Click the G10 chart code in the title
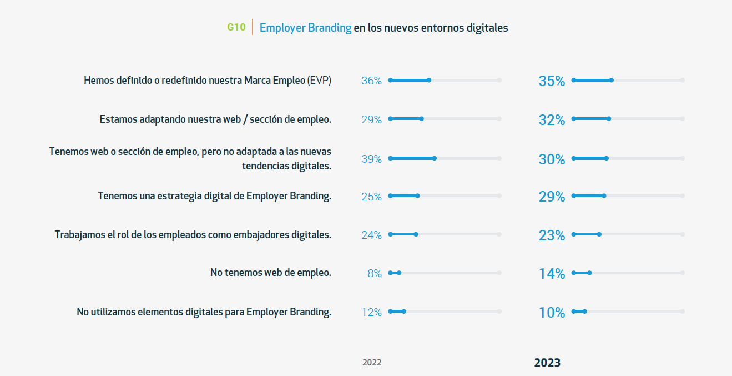point(236,27)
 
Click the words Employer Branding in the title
point(305,27)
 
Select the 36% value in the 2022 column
point(371,81)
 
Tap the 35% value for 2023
point(552,81)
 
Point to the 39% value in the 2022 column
point(371,159)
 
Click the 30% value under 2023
point(552,159)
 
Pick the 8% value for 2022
point(375,273)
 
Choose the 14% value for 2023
point(552,274)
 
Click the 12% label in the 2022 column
point(371,312)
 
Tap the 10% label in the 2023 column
point(552,313)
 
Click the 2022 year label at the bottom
point(372,363)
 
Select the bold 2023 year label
point(547,363)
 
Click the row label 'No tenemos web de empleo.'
point(270,273)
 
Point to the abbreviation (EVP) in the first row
point(319,81)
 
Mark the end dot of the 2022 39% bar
point(435,158)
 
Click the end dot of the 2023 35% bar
point(612,80)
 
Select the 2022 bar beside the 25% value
point(404,195)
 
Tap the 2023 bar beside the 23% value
point(586,234)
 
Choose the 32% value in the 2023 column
point(552,120)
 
